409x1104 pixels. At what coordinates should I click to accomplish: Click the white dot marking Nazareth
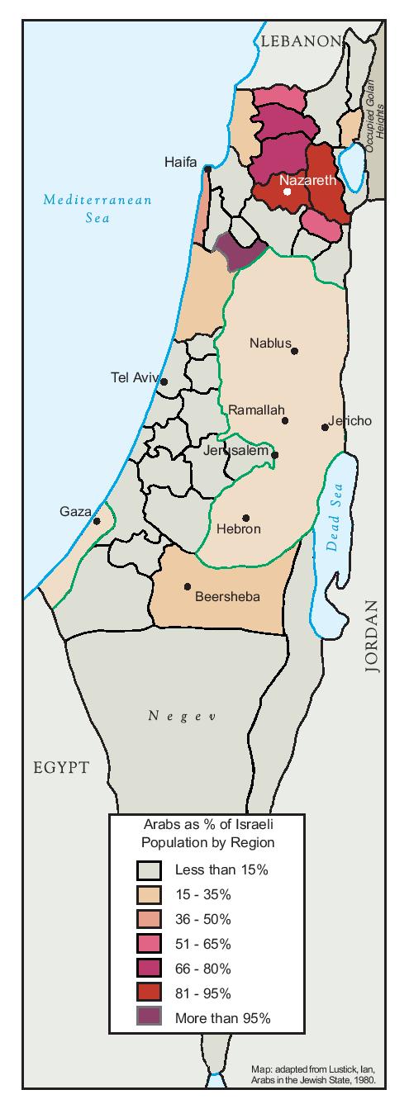pos(287,192)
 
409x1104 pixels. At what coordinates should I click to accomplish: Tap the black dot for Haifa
pos(207,169)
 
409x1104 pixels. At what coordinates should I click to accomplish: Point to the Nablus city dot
pos(294,351)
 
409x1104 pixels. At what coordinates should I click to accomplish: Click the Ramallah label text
pos(256,410)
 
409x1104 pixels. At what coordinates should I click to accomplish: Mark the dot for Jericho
pos(325,427)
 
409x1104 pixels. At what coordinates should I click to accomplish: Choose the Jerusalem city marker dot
pos(275,454)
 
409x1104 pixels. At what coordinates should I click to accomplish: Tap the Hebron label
pos(238,528)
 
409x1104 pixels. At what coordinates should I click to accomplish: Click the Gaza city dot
pos(97,521)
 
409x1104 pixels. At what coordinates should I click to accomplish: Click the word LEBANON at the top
pos(298,41)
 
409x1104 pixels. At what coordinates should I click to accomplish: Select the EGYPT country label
pos(60,767)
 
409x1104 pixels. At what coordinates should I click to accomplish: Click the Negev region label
pos(182,716)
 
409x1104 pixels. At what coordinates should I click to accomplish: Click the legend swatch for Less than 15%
pos(150,869)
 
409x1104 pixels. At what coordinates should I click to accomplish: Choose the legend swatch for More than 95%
pos(150,1017)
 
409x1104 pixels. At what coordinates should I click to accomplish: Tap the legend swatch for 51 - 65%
pos(150,943)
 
